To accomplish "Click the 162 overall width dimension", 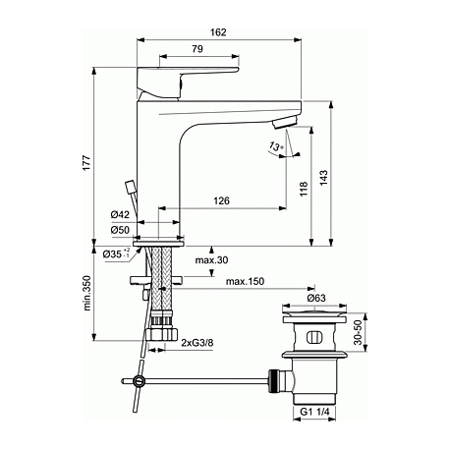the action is tap(218, 32).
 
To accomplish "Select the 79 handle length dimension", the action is tap(197, 49).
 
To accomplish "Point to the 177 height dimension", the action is tap(86, 162).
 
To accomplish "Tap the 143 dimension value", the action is tap(323, 177).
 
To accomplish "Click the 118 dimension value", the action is tap(304, 189).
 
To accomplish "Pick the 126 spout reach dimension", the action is tap(222, 200).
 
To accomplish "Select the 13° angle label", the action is tap(275, 146).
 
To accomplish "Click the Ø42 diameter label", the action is tap(120, 215).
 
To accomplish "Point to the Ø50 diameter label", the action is tap(120, 230).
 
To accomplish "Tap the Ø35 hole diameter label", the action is tap(116, 253).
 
